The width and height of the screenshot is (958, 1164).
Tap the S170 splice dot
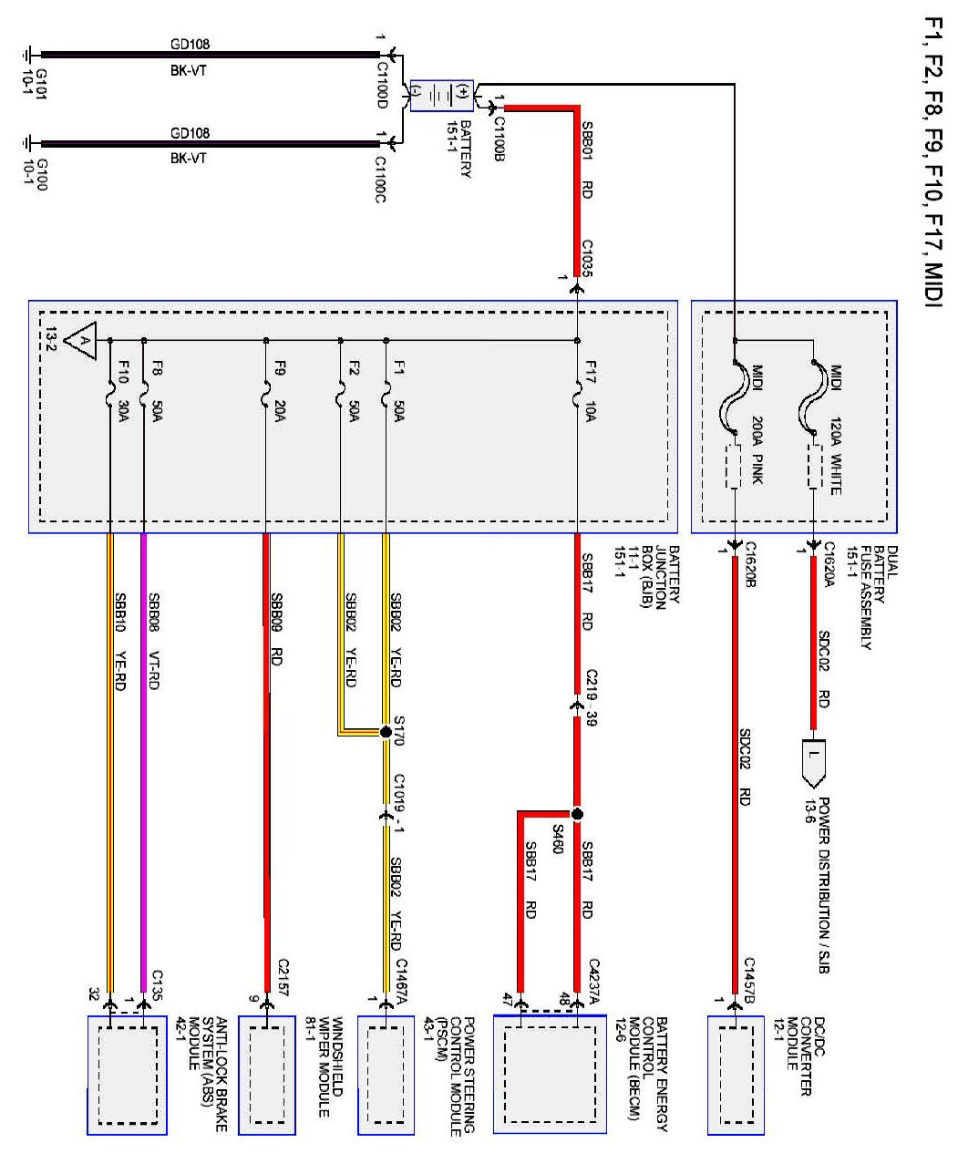pyautogui.click(x=386, y=732)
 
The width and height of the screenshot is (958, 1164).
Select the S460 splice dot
pyautogui.click(x=576, y=813)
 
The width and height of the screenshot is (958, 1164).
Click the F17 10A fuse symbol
pyautogui.click(x=576, y=399)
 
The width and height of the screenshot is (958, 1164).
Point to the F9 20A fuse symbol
pyautogui.click(x=265, y=399)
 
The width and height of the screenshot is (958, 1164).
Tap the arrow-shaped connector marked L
pyautogui.click(x=814, y=763)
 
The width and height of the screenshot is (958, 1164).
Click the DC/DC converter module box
pyautogui.click(x=736, y=1076)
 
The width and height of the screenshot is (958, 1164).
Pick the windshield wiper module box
pyautogui.click(x=267, y=1076)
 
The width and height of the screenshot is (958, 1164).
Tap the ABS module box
pyautogui.click(x=127, y=1076)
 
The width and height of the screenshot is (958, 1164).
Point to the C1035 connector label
pyautogui.click(x=588, y=258)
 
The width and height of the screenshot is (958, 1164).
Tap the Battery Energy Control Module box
pyautogui.click(x=550, y=1076)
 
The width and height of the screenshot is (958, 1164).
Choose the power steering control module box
pyautogui.click(x=386, y=1076)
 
